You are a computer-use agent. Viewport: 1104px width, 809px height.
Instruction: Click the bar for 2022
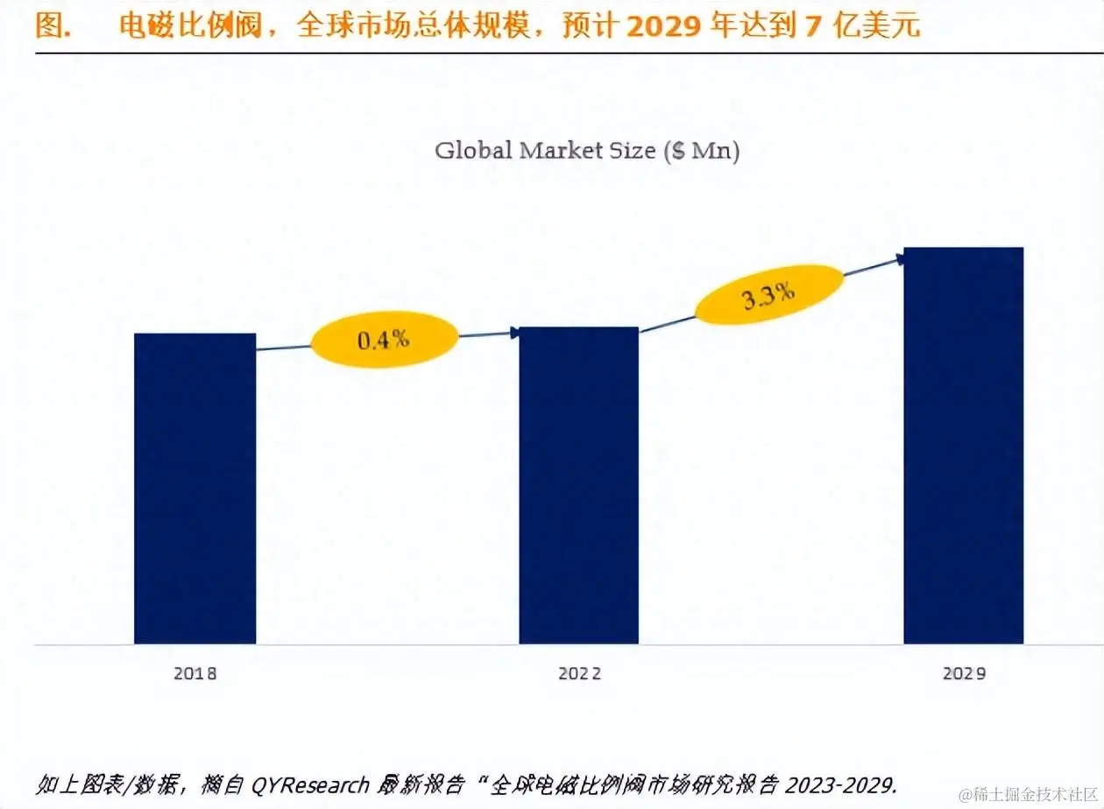click(578, 485)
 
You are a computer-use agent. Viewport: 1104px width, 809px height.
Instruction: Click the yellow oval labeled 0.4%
click(385, 340)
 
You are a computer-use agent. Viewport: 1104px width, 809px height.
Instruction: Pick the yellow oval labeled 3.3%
click(768, 295)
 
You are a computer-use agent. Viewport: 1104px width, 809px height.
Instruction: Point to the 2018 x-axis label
click(195, 674)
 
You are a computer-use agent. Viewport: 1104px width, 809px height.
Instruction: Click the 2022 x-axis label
click(579, 674)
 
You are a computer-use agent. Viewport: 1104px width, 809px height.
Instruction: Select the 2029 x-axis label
click(964, 674)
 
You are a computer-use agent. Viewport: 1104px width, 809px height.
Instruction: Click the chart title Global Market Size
click(587, 151)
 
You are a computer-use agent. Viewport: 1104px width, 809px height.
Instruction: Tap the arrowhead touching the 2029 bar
click(900, 257)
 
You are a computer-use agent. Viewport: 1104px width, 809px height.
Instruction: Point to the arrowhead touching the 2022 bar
click(514, 332)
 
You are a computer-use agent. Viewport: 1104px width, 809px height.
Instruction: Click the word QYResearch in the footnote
click(310, 784)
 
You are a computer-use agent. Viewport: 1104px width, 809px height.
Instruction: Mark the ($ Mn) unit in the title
click(703, 151)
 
